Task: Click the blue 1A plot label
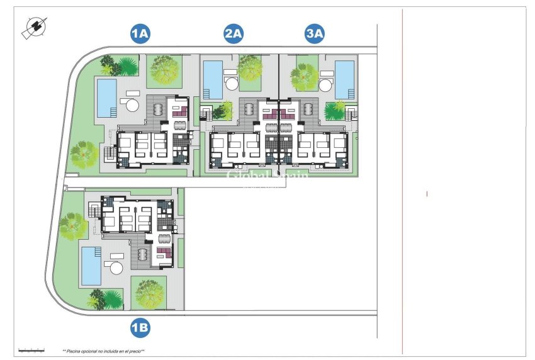point(140,34)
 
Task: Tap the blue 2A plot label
point(234,34)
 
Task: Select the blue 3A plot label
point(315,34)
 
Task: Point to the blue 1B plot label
point(140,327)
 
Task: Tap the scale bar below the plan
point(31,349)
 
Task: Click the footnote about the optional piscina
point(103,351)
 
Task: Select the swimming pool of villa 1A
point(106,98)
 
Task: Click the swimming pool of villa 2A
point(213,80)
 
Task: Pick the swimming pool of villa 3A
point(344,80)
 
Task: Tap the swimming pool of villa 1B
point(91,265)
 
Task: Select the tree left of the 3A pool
point(304,76)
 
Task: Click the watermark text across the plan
point(267,177)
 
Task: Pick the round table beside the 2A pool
point(231,84)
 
